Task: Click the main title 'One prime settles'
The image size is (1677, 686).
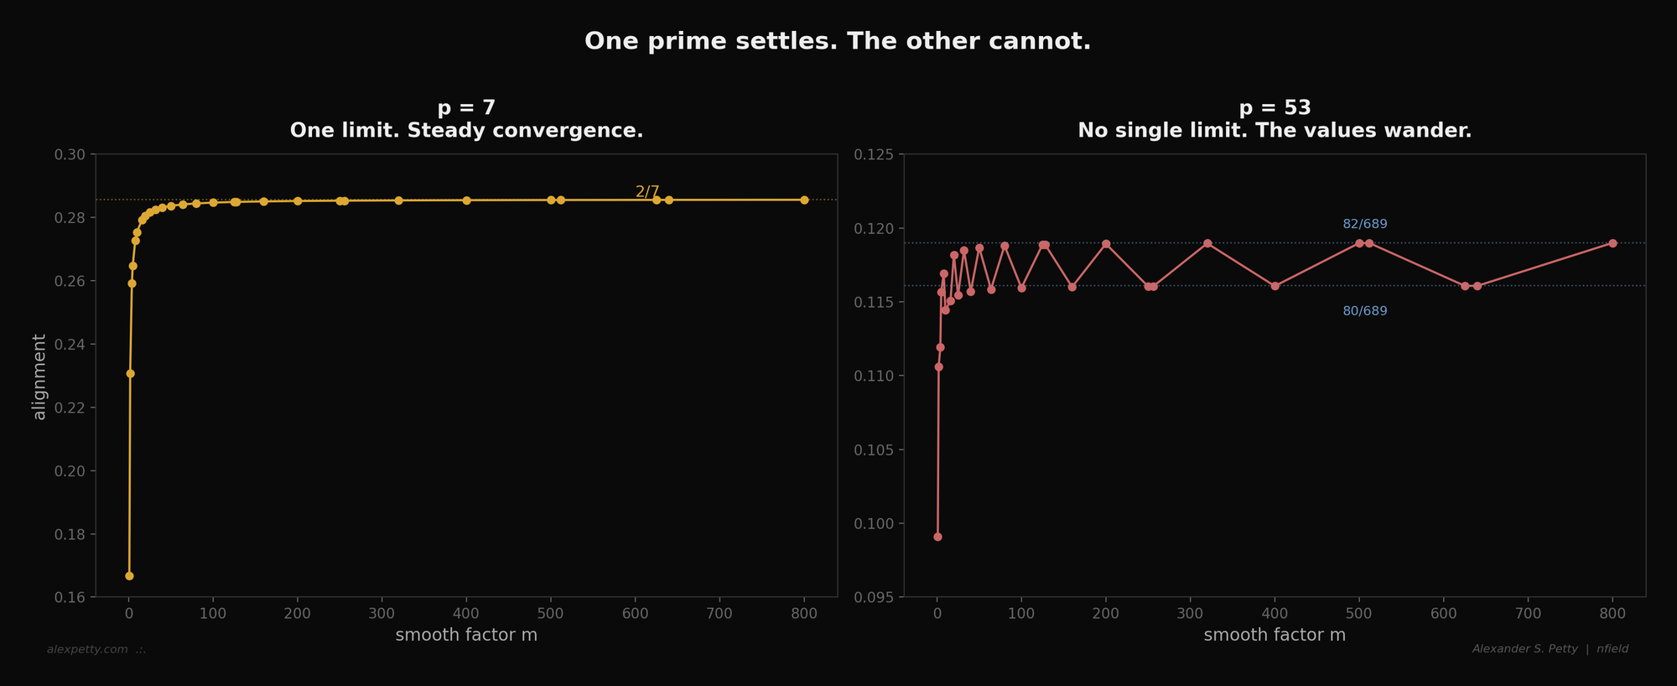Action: [838, 41]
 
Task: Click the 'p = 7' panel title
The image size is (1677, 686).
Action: [466, 108]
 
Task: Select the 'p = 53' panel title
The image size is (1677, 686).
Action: [1275, 108]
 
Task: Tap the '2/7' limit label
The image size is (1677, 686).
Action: [647, 191]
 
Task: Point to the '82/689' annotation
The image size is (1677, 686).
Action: [1365, 224]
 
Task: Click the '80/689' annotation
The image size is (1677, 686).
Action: [1365, 311]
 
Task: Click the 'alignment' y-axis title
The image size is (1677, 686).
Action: [39, 377]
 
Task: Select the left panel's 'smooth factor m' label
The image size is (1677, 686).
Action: [466, 635]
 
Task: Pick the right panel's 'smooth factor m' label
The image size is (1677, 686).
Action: [1275, 635]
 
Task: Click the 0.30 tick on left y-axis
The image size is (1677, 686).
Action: [70, 154]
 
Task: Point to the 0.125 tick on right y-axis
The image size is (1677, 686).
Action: [873, 154]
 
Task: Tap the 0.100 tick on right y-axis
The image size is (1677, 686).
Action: [873, 524]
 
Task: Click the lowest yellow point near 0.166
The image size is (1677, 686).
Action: [129, 576]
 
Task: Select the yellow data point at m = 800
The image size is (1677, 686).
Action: [804, 200]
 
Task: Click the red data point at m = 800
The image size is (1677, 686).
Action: [1612, 243]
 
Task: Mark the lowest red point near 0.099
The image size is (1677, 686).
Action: [937, 537]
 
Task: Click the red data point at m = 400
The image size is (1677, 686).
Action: [1275, 286]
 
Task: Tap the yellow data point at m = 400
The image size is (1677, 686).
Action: [467, 200]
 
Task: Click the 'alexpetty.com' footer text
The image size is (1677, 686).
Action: [87, 649]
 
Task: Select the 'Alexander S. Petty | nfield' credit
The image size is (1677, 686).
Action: [1550, 649]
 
